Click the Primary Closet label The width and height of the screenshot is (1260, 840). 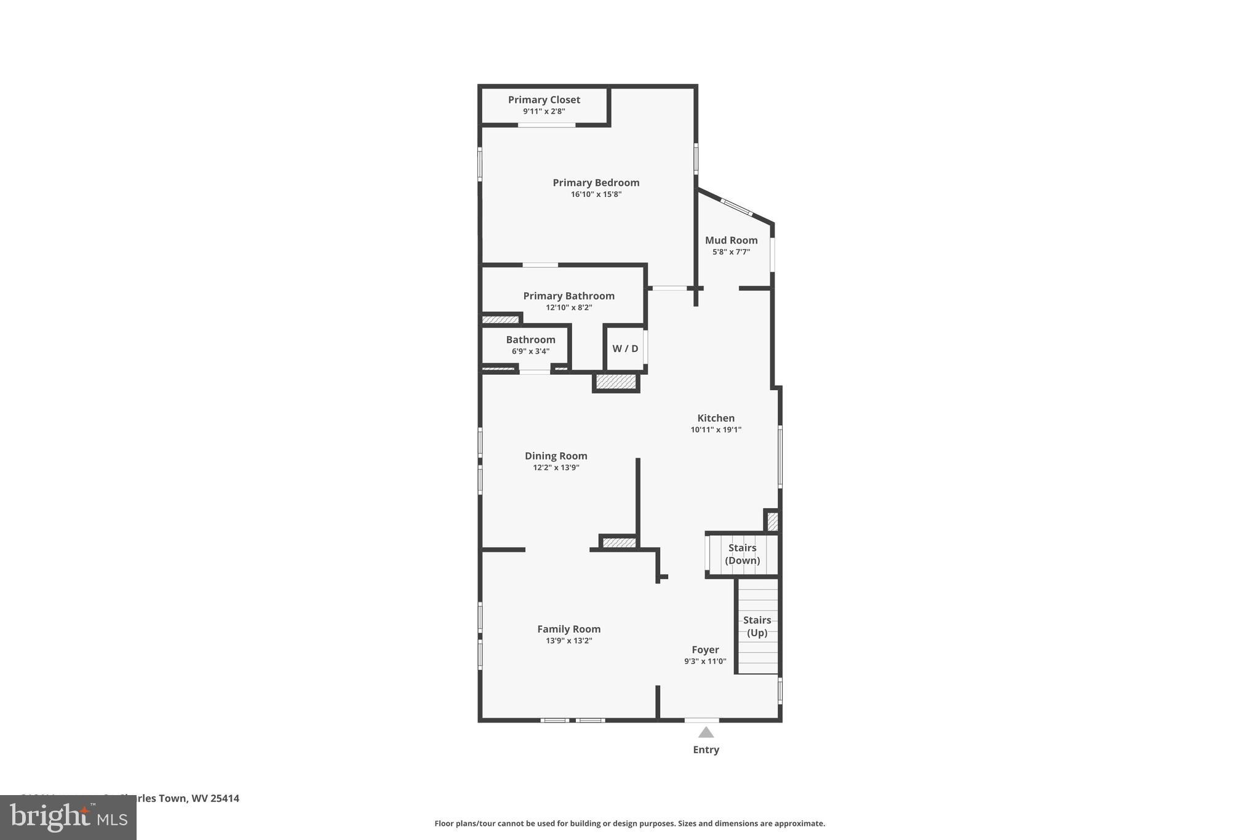(x=544, y=100)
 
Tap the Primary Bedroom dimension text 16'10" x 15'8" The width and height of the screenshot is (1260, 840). (x=596, y=194)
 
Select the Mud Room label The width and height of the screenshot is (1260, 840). (x=731, y=241)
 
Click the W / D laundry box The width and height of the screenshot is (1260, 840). (x=625, y=349)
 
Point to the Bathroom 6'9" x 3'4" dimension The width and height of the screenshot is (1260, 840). (x=530, y=351)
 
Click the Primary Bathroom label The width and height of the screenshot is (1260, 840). (x=568, y=296)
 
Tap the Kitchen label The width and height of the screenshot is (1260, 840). (x=716, y=418)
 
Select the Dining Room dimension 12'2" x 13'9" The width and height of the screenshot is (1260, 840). (x=556, y=468)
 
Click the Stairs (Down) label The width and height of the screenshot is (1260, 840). (x=742, y=554)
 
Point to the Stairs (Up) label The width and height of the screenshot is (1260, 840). (x=757, y=626)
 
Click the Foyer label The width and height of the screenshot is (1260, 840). (x=705, y=650)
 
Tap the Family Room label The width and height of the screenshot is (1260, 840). (x=568, y=629)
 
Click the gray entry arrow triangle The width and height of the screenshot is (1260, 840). (x=706, y=732)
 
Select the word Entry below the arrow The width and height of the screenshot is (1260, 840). (x=706, y=750)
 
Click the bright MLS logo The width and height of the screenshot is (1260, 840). (x=68, y=818)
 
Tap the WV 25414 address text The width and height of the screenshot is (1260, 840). (x=215, y=798)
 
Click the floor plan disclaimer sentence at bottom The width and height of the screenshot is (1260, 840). (x=629, y=823)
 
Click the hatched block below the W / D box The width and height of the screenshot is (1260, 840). (x=616, y=383)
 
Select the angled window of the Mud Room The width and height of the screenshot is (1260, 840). (x=736, y=207)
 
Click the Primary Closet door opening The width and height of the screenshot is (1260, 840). (x=546, y=125)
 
